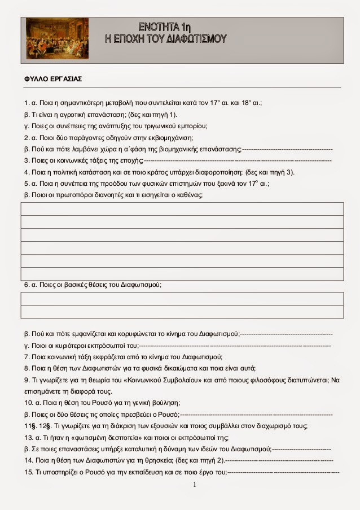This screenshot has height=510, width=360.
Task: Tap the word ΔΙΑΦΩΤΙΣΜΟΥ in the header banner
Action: point(196,39)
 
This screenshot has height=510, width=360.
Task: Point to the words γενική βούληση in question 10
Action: point(152,403)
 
